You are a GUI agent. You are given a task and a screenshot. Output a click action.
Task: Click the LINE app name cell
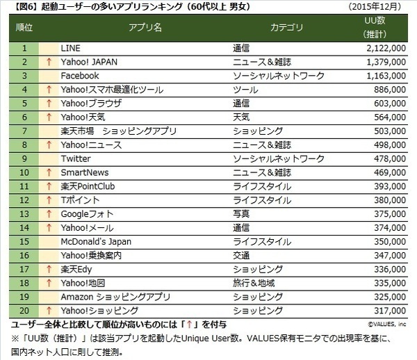coord(72,48)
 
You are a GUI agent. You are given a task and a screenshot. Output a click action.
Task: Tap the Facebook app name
coord(80,76)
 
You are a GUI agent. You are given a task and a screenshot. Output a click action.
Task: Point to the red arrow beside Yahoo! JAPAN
coord(49,62)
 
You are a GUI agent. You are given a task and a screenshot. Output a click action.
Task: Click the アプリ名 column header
coord(145,28)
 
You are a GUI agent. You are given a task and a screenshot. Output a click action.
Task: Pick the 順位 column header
coord(24,28)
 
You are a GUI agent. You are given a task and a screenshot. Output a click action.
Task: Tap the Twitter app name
coord(76,158)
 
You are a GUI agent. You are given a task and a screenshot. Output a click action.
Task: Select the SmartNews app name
coord(85,172)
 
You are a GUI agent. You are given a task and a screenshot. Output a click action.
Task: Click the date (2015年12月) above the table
coord(381,7)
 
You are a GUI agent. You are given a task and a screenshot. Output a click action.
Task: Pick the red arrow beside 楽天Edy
coord(49,269)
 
